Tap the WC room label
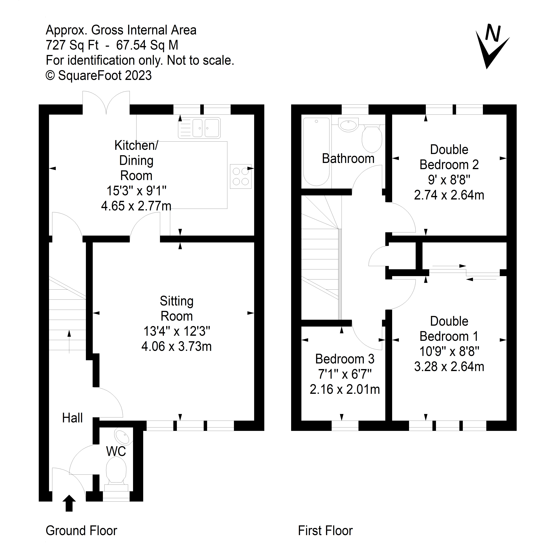pyautogui.click(x=116, y=451)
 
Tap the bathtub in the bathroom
pyautogui.click(x=316, y=152)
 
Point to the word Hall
pyautogui.click(x=72, y=418)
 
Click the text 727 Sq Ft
pyautogui.click(x=72, y=45)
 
